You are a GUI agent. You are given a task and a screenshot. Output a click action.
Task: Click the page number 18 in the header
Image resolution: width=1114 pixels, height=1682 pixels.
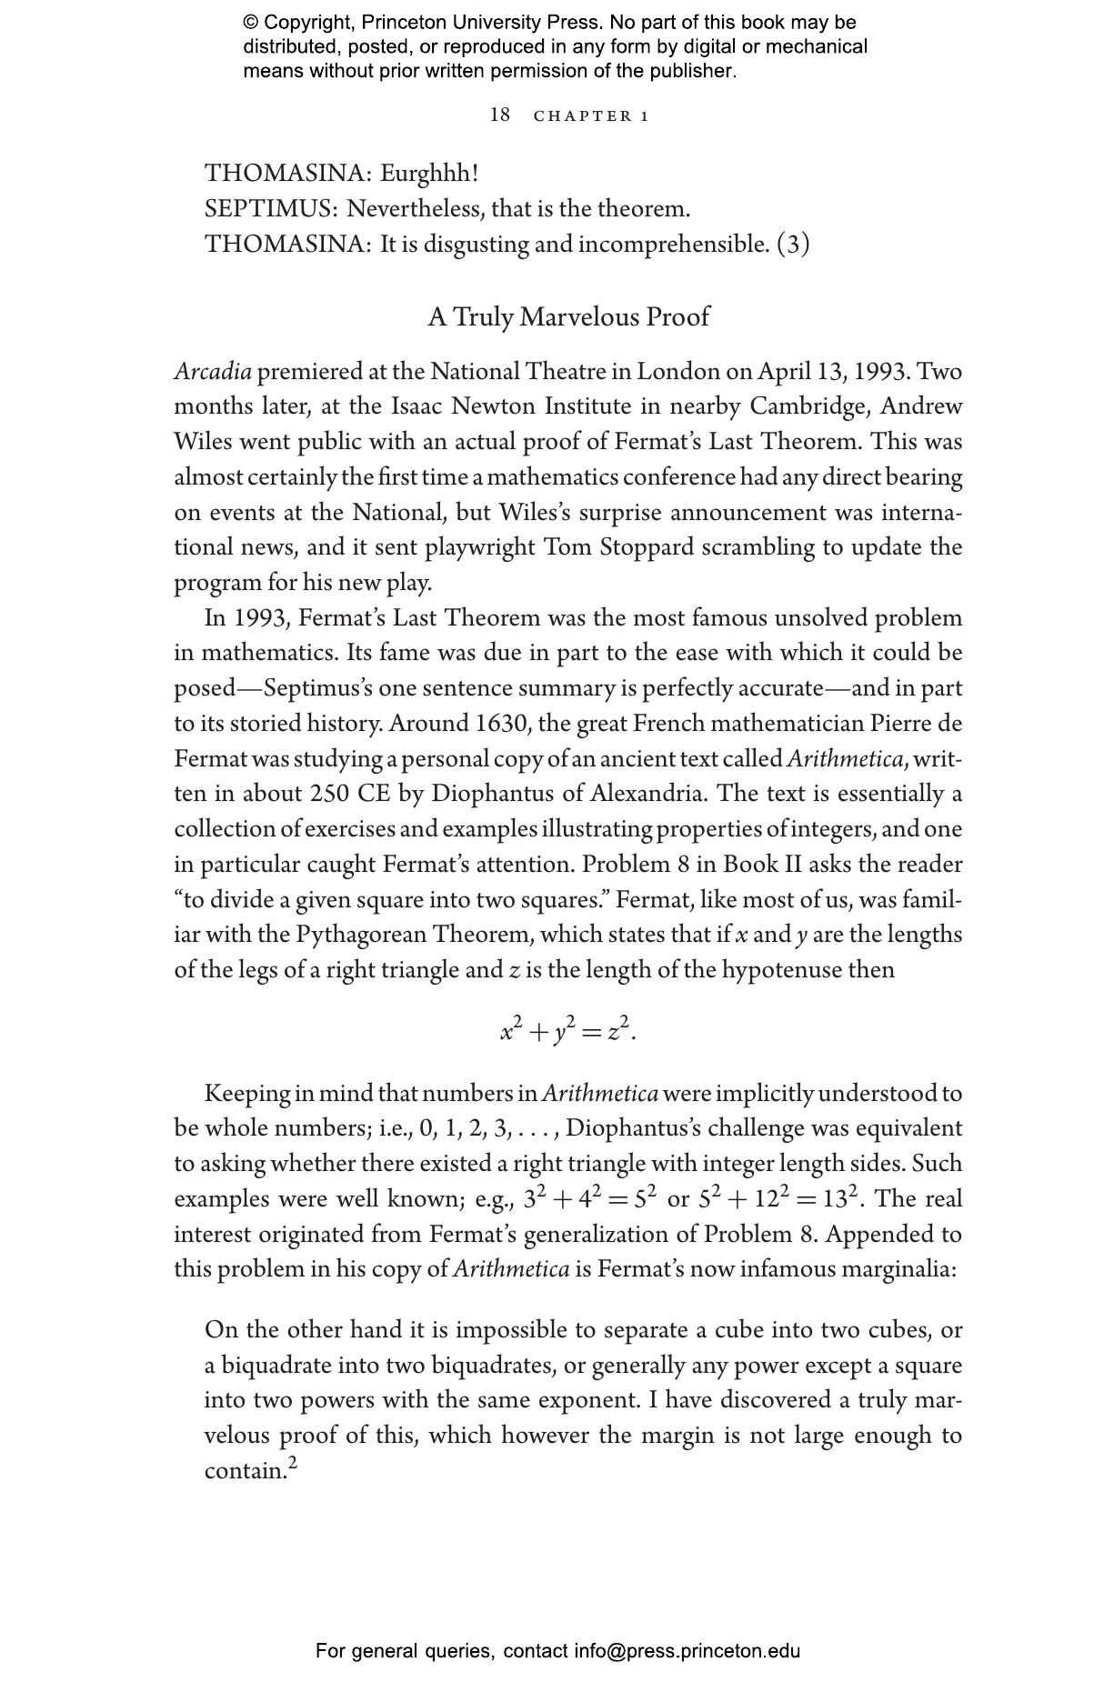pos(500,115)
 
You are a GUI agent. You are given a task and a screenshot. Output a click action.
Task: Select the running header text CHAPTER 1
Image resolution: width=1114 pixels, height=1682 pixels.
pos(591,116)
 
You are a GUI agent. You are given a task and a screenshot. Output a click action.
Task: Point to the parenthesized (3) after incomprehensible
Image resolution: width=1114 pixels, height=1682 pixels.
pos(793,245)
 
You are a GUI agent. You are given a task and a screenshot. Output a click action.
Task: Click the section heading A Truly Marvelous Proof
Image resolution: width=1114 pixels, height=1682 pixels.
pos(568,317)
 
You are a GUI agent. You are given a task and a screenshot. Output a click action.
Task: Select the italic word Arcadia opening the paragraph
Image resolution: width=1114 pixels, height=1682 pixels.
pos(213,372)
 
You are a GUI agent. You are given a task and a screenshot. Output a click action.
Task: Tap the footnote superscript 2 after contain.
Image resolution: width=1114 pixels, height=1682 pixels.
pos(292,1463)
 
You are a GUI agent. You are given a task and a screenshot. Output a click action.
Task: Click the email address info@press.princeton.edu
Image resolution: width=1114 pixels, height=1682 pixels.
pos(687,1651)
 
